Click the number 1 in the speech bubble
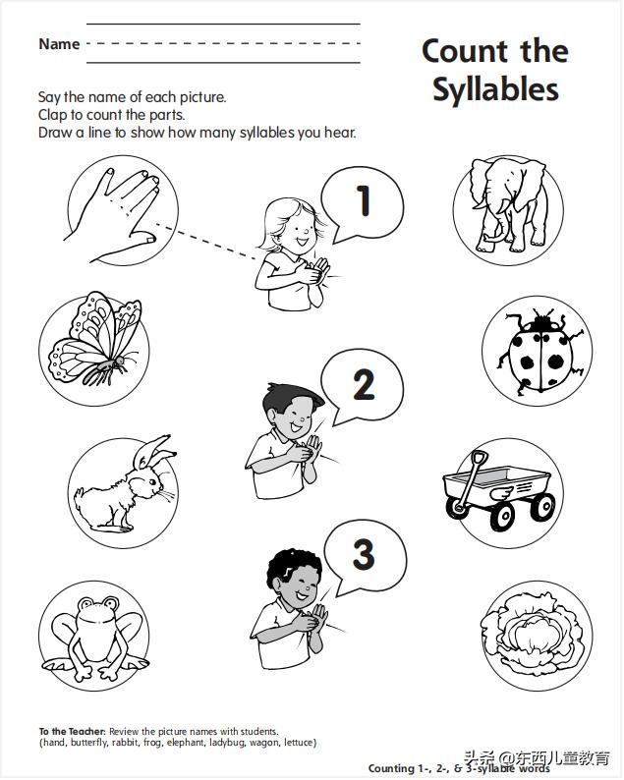click(x=364, y=200)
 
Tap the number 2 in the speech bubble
click(x=364, y=384)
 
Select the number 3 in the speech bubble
click(x=364, y=554)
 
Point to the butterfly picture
click(x=94, y=339)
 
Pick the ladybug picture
click(x=539, y=351)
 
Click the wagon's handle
click(x=471, y=480)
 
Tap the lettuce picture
click(x=535, y=635)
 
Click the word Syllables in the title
click(x=495, y=89)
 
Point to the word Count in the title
click(x=465, y=51)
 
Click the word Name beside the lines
click(x=59, y=44)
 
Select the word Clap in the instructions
click(x=53, y=115)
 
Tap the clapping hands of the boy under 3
click(x=311, y=618)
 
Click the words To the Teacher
click(x=72, y=732)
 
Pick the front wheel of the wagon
click(x=502, y=516)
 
